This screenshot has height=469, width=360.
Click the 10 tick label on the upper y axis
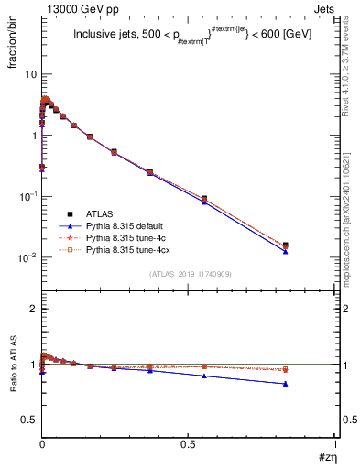tap(27, 74)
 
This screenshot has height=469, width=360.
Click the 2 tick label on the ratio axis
tap(31, 309)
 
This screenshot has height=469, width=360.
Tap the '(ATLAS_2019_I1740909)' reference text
tap(190, 273)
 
